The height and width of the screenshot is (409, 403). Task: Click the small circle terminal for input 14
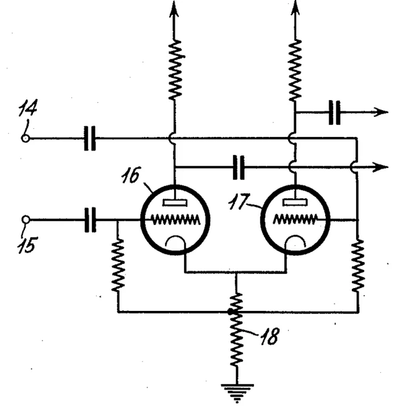pos(26,138)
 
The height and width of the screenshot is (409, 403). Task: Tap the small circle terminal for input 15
pos(26,219)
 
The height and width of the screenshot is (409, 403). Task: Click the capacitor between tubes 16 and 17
pos(238,166)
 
